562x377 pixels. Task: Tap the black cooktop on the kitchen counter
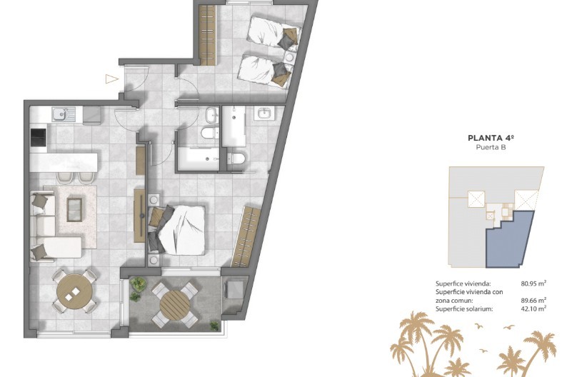point(39,138)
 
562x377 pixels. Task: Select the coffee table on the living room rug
point(74,209)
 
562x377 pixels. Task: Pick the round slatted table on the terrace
point(175,305)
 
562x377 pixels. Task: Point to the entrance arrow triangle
point(111,79)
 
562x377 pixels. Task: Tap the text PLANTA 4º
point(491,138)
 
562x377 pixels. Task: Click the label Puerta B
point(491,147)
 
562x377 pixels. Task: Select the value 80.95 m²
point(533,283)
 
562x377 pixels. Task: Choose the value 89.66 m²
point(533,301)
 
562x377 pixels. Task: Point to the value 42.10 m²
point(533,308)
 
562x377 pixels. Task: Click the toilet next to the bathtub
point(210,133)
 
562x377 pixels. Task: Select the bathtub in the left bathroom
point(198,158)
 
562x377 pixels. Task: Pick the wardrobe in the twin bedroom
point(208,35)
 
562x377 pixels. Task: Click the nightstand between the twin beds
point(290,57)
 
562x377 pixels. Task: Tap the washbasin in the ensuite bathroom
point(264,113)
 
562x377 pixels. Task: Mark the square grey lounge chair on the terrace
point(234,290)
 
